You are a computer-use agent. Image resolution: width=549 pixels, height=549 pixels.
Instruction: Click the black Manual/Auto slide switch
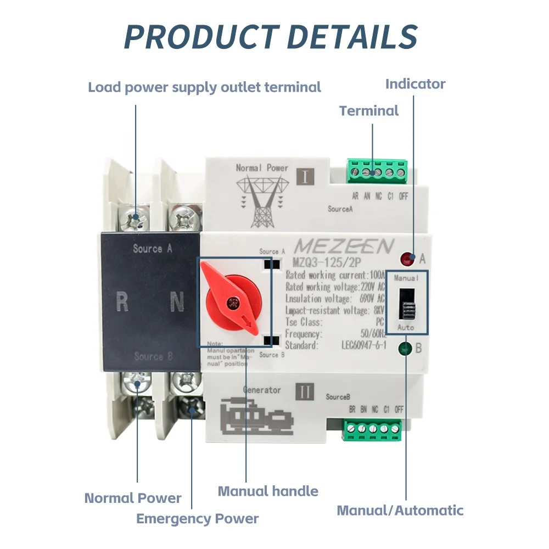coord(407,304)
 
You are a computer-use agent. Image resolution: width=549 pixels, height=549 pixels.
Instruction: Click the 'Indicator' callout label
coord(415,84)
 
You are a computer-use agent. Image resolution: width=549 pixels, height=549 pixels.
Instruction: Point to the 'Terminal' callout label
coord(369,111)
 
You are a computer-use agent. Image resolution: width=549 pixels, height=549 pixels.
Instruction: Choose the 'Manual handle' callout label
coord(268,491)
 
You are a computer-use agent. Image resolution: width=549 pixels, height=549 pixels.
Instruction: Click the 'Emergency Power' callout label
coord(197,518)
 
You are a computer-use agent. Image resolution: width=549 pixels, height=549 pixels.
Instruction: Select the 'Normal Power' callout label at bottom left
coord(133,498)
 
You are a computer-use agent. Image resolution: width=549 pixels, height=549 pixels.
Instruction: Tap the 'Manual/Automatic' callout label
coord(400,511)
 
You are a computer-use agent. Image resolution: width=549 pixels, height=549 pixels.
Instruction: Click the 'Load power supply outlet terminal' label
coord(204,87)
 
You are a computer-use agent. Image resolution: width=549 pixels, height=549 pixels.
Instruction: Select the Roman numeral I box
coord(305,177)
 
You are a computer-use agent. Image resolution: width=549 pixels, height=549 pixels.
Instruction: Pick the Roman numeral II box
coord(305,392)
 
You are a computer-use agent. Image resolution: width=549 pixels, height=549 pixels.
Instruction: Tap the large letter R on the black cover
coord(122,302)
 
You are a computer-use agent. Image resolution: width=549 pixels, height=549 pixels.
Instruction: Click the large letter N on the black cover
coord(176,302)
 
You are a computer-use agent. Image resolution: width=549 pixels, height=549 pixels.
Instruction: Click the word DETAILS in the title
coord(352,36)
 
